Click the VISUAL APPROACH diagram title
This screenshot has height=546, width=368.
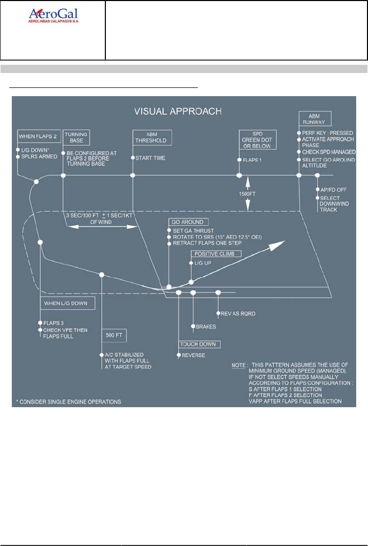pos(178,111)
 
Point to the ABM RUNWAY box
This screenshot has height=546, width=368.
pos(314,119)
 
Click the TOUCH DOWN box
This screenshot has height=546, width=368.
pos(199,344)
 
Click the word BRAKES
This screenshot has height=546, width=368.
pos(205,326)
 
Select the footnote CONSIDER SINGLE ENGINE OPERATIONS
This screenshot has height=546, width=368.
pos(70,401)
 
